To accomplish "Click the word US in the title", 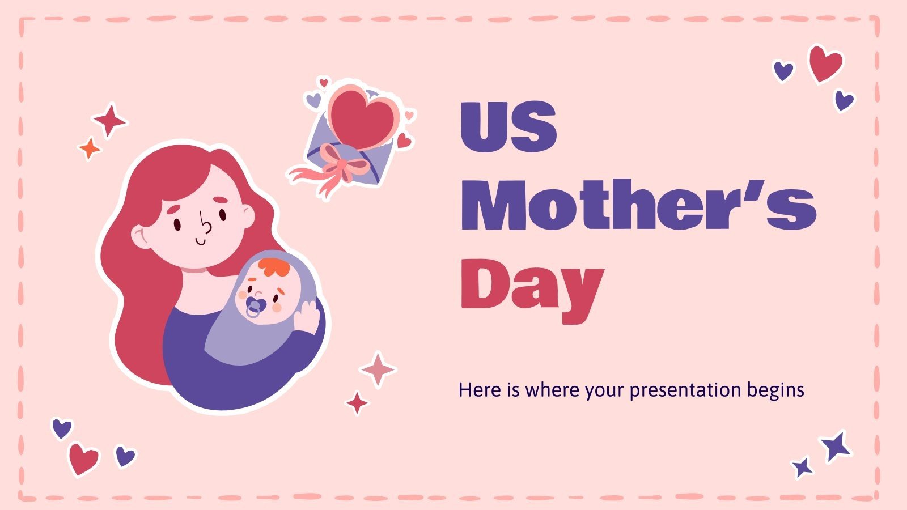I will point(508,127).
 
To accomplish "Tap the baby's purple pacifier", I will point(254,308).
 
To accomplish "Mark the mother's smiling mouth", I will point(201,241).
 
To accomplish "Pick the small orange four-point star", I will point(89,148).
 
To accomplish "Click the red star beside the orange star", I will point(109,120).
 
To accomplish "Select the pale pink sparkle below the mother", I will point(378,369).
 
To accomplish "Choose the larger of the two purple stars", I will point(836,445).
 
